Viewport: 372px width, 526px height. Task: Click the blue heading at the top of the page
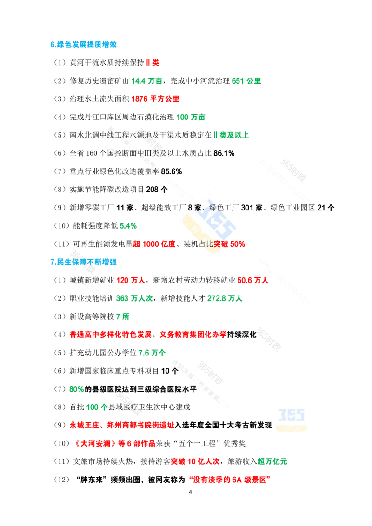(83, 45)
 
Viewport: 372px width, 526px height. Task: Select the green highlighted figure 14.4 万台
(147, 81)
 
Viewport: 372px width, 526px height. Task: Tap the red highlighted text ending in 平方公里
(156, 99)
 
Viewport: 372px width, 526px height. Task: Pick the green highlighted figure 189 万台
(191, 117)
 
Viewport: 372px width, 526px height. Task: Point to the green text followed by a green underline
(231, 135)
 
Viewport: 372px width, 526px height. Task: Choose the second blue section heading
(83, 262)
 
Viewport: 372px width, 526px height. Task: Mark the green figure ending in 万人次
(134, 299)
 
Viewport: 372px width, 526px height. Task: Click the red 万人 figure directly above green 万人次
(131, 281)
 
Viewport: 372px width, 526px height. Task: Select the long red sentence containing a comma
(147, 334)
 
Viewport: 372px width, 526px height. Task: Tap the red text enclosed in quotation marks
(230, 479)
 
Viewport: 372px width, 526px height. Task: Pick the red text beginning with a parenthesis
(115, 444)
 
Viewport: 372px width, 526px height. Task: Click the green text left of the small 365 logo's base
(273, 461)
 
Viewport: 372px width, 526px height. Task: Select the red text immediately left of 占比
(154, 244)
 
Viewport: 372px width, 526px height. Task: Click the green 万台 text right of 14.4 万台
(247, 81)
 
